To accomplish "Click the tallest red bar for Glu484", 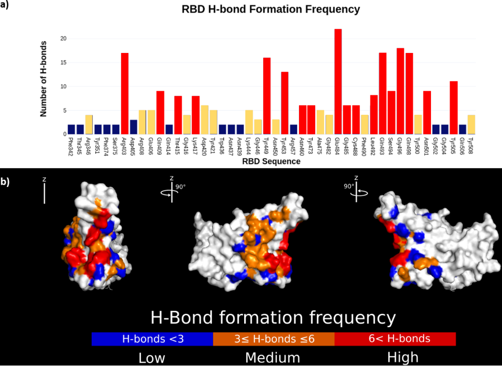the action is pos(338,81).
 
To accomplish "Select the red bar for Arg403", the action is pos(125,94).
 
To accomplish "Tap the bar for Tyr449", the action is pos(267,96).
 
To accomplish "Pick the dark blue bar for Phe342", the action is pos(72,130).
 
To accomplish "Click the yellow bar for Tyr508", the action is pos(471,125).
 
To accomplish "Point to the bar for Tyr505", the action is pos(453,107).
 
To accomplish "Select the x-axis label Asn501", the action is pos(427,146).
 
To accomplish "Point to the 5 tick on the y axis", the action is pos(64,110).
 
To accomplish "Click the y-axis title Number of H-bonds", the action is pos(43,79).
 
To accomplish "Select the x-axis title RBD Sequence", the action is pos(271,161).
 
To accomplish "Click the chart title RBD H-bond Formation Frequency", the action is pos(271,9).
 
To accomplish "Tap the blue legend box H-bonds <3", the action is pos(152,339).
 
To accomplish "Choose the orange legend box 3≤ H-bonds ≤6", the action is pos(274,339).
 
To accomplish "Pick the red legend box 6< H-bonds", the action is pos(395,339).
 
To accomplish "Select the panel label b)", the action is pos(5,182).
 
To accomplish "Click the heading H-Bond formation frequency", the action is pos(273,317).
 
